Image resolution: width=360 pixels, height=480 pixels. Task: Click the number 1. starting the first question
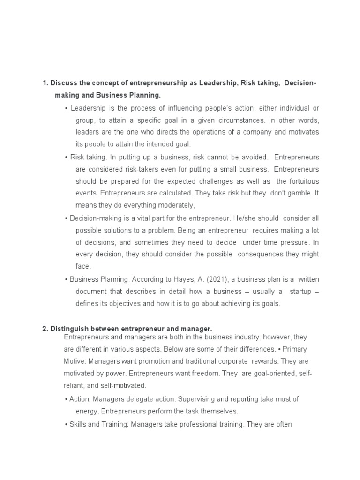coord(45,83)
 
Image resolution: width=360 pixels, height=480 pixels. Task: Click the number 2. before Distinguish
coord(45,329)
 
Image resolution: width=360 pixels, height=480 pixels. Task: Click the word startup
coord(300,291)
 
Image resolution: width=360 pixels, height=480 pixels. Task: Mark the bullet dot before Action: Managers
coord(66,399)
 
